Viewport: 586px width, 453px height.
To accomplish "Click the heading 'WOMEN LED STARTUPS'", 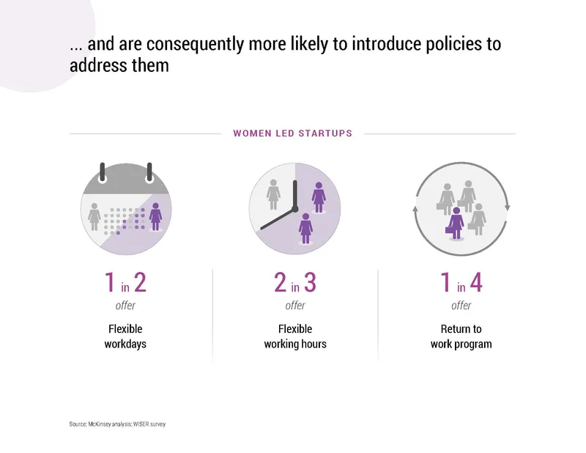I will pyautogui.click(x=292, y=133).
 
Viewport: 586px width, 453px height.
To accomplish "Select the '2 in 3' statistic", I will pyautogui.click(x=295, y=283).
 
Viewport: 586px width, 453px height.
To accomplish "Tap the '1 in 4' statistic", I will pyautogui.click(x=461, y=283).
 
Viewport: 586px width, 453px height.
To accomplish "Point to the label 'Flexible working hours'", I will pyautogui.click(x=295, y=336).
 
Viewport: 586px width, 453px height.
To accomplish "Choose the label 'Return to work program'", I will pyautogui.click(x=461, y=336).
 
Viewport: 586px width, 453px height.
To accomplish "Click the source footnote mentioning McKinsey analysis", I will pyautogui.click(x=117, y=424).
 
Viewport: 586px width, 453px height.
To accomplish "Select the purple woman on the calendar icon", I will pyautogui.click(x=155, y=216).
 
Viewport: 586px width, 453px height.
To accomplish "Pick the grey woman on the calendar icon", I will pyautogui.click(x=94, y=216).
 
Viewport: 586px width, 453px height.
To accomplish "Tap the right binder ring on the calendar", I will pyautogui.click(x=150, y=172).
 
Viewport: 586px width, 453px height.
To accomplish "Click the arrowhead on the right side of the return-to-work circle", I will pyautogui.click(x=507, y=207).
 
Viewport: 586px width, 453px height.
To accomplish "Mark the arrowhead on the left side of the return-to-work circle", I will pyautogui.click(x=416, y=210).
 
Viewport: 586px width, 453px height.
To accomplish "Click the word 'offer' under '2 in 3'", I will pyautogui.click(x=295, y=306).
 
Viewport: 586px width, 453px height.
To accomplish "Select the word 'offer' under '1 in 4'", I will pyautogui.click(x=461, y=306).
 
